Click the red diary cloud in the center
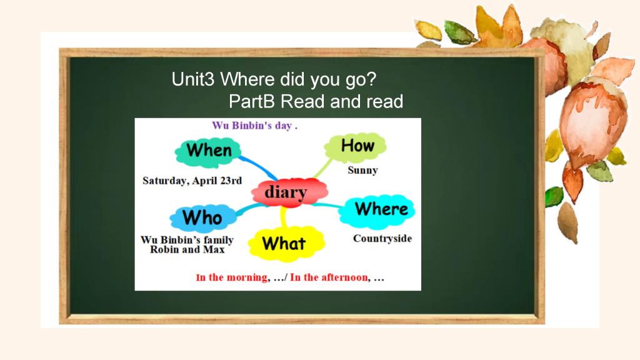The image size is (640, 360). pyautogui.click(x=289, y=192)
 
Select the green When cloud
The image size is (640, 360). pyautogui.click(x=207, y=152)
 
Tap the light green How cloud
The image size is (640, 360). pyautogui.click(x=356, y=146)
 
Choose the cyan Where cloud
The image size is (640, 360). pyautogui.click(x=377, y=211)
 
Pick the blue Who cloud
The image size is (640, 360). pyautogui.click(x=203, y=218)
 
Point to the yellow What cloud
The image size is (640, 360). pyautogui.click(x=286, y=244)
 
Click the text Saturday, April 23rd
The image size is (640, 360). pyautogui.click(x=192, y=181)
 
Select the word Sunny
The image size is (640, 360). pyautogui.click(x=362, y=171)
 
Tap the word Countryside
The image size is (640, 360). pyautogui.click(x=382, y=238)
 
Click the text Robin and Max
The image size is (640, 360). pyautogui.click(x=187, y=249)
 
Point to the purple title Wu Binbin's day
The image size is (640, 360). pyautogui.click(x=255, y=126)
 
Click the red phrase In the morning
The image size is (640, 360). pyautogui.click(x=232, y=277)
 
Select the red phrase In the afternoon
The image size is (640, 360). pyautogui.click(x=329, y=277)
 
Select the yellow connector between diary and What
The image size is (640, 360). pyautogui.click(x=284, y=217)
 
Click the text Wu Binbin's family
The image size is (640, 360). pyautogui.click(x=187, y=240)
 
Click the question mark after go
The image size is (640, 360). pyautogui.click(x=371, y=79)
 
